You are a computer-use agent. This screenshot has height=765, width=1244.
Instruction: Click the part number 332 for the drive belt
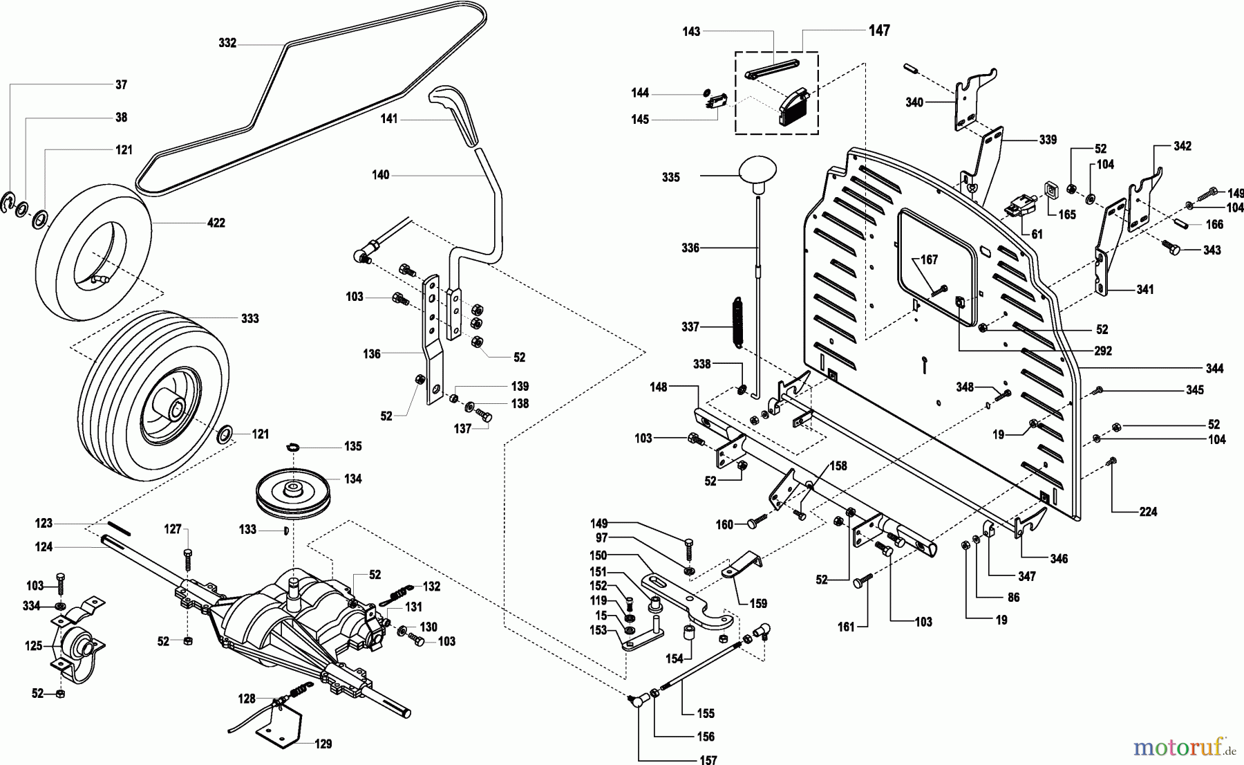pyautogui.click(x=227, y=43)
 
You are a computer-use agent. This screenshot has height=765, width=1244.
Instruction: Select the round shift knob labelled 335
pyautogui.click(x=758, y=172)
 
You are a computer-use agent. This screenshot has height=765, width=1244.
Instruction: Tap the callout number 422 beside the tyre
pyautogui.click(x=216, y=223)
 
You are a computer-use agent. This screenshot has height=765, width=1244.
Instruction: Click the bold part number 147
pyautogui.click(x=879, y=30)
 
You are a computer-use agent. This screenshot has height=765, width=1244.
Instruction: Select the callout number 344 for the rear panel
pyautogui.click(x=1214, y=368)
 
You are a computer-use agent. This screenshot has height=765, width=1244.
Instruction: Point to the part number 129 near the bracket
pyautogui.click(x=323, y=744)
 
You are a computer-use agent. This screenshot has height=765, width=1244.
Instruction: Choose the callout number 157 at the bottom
pyautogui.click(x=708, y=760)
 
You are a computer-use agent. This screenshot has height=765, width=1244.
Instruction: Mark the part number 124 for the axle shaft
pyautogui.click(x=44, y=546)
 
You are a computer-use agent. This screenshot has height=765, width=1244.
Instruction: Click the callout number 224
pyautogui.click(x=1148, y=512)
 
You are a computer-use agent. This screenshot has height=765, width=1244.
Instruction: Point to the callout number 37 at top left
pyautogui.click(x=121, y=84)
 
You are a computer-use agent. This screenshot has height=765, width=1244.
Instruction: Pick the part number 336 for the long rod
pyautogui.click(x=690, y=248)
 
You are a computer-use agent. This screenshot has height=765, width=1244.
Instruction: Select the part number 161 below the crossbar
pyautogui.click(x=846, y=627)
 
